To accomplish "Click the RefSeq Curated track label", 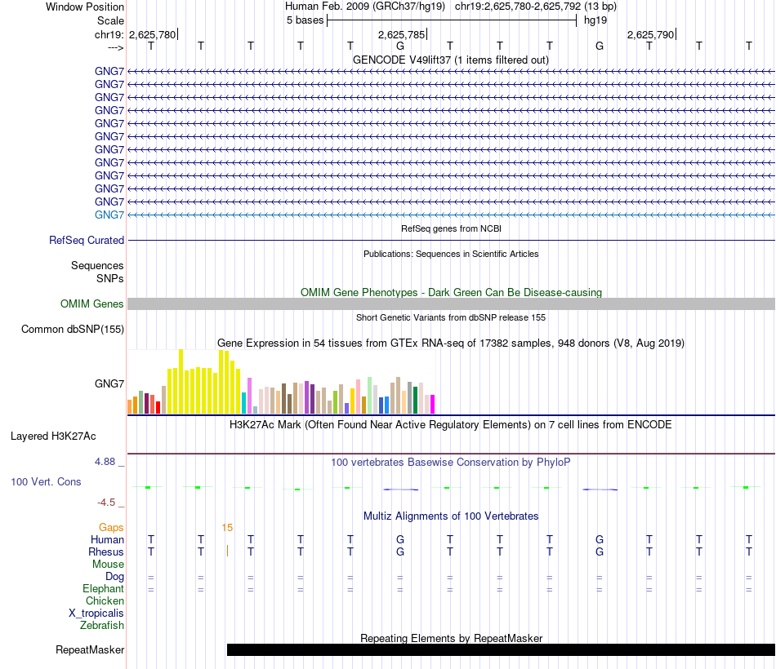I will [87, 241].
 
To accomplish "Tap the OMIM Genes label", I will [92, 304].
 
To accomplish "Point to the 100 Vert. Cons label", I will [46, 482].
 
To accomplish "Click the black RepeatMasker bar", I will [500, 650].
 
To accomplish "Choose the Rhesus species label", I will [106, 552].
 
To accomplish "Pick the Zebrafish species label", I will [102, 626].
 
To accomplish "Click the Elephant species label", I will [103, 589].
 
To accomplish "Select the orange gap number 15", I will [227, 528].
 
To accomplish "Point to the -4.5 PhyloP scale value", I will [109, 503].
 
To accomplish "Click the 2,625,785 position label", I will [401, 35].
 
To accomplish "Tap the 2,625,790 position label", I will [650, 35].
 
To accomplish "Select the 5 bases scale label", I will [305, 20].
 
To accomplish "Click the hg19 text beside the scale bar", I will [595, 20].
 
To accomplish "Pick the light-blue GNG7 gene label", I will [109, 215].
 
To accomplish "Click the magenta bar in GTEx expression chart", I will [433, 404].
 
